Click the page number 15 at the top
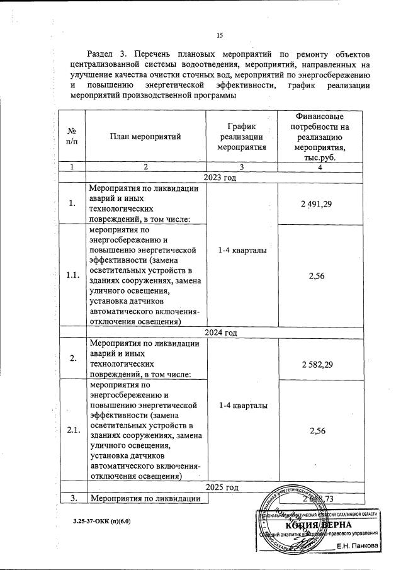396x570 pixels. coord(220,35)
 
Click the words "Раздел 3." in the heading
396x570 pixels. coord(108,54)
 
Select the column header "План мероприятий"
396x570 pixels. coord(144,135)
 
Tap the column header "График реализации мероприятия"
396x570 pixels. coord(242,135)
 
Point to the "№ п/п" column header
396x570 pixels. coord(71,135)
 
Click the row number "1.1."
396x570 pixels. coord(71,276)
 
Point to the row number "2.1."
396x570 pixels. coord(71,430)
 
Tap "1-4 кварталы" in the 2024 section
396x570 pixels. coord(242,405)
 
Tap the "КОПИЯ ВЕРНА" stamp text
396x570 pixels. coord(319,525)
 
